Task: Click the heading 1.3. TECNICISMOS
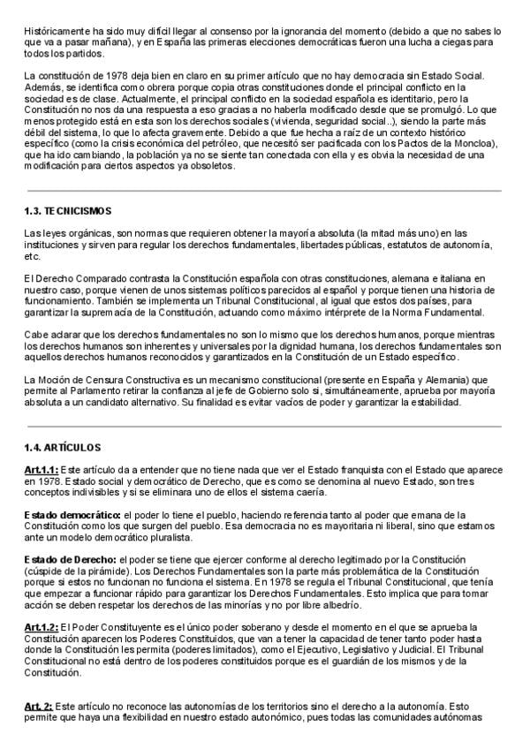67,212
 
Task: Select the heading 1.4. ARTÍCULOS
63,448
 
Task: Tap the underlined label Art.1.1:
42,469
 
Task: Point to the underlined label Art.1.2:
42,626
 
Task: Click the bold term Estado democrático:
72,514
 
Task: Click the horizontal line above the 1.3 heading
264,190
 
